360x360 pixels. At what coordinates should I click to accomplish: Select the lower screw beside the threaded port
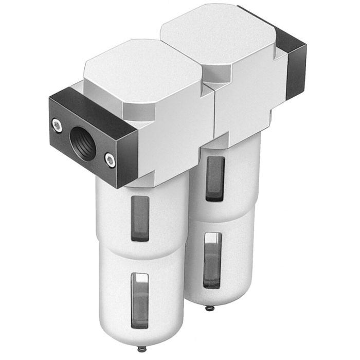[x=110, y=160]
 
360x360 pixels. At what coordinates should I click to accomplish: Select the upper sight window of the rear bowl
[x=215, y=178]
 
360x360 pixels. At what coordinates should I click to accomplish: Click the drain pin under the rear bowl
[x=208, y=308]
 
